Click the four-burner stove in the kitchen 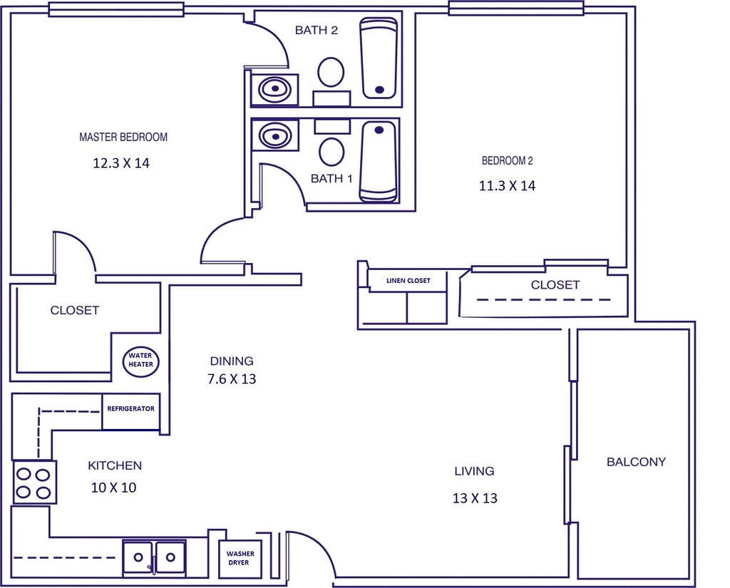pos(34,483)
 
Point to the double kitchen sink pos(154,557)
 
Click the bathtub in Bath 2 pos(379,58)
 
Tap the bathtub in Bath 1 pos(378,161)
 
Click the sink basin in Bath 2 pos(274,89)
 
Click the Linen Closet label pos(408,281)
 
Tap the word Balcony pos(636,462)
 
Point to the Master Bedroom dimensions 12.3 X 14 pos(121,163)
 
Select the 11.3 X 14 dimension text pos(507,187)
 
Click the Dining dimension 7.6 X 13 pos(232,379)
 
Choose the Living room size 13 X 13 pos(475,498)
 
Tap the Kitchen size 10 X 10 pos(113,488)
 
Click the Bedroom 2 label pos(507,161)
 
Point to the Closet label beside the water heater pos(75,311)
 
